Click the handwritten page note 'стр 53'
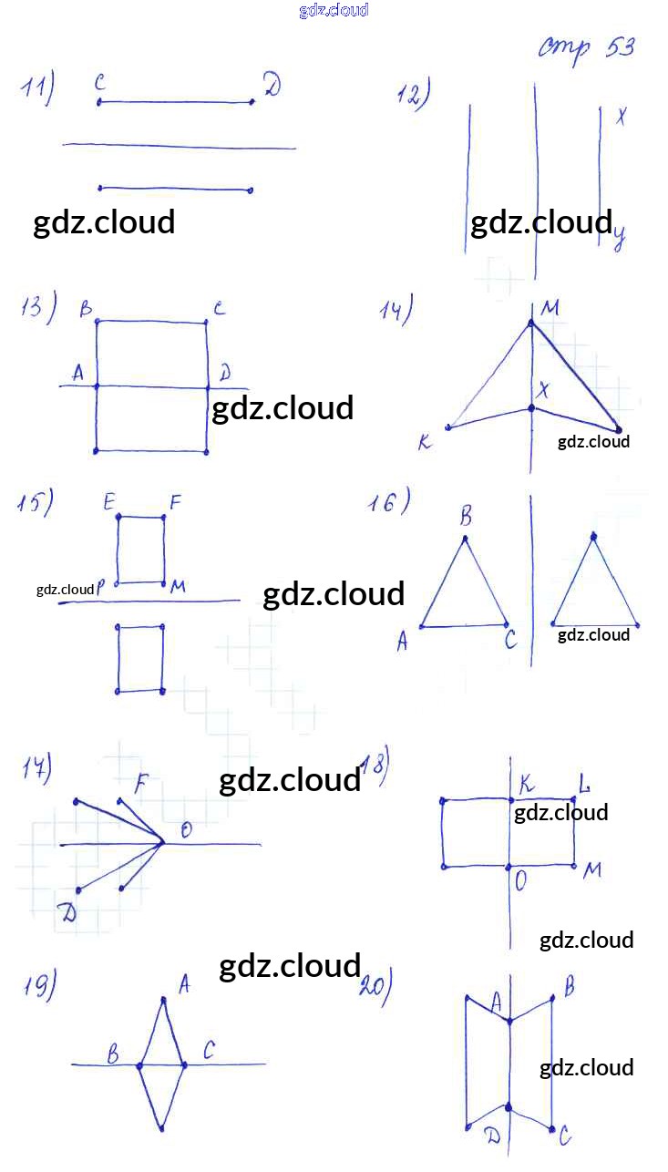click(x=585, y=47)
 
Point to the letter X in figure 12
click(x=622, y=116)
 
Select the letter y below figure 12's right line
click(x=619, y=239)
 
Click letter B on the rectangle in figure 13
click(x=86, y=310)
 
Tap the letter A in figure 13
click(x=77, y=372)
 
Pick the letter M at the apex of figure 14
click(x=550, y=309)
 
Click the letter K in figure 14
click(x=424, y=444)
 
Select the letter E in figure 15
click(x=109, y=500)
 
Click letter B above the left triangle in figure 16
click(x=466, y=518)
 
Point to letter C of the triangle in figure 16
click(x=510, y=641)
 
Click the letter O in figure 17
click(x=186, y=829)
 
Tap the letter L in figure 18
click(x=584, y=783)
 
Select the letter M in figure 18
click(x=592, y=870)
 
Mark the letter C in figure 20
click(x=565, y=1136)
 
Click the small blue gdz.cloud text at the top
click(x=334, y=10)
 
